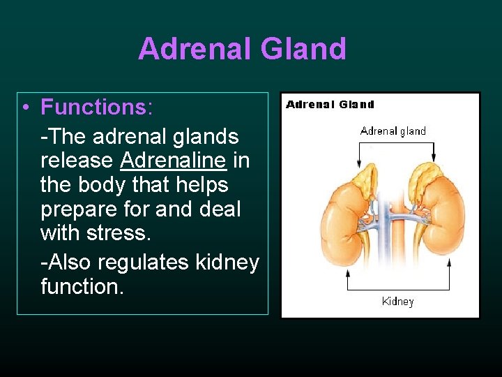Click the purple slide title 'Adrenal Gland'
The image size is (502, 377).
[242, 49]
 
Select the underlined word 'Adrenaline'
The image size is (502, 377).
[173, 160]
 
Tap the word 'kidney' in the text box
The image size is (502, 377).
[227, 263]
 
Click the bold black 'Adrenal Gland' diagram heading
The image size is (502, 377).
[330, 105]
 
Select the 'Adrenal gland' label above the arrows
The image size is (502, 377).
[393, 131]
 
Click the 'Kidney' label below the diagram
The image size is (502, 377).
[397, 302]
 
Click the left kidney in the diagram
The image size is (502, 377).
[346, 223]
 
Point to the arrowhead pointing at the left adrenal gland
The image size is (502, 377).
[359, 162]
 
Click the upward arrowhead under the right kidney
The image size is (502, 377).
[449, 263]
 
